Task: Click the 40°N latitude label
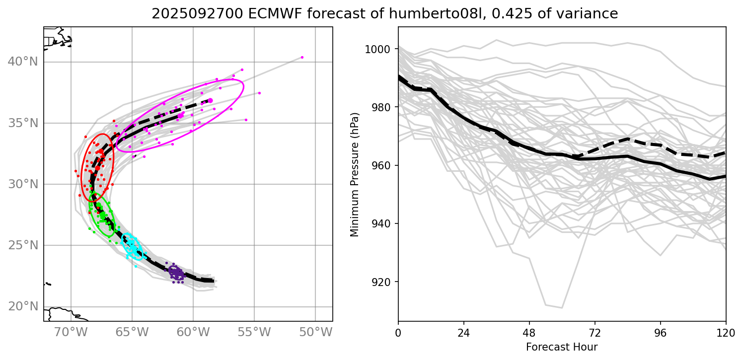coord(23,62)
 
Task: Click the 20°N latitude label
coord(23,306)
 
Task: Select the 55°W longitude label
coord(254,332)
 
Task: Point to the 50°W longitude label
coord(315,332)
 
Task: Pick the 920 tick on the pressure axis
coord(383,282)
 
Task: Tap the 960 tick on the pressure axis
coord(383,165)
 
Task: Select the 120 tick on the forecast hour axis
coord(726,331)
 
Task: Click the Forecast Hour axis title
coord(562,347)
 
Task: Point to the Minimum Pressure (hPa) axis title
coord(354,173)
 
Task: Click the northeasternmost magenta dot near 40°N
coord(302,57)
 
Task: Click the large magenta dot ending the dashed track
coord(210,101)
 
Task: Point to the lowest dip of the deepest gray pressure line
coord(562,308)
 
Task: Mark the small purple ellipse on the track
coord(176,272)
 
